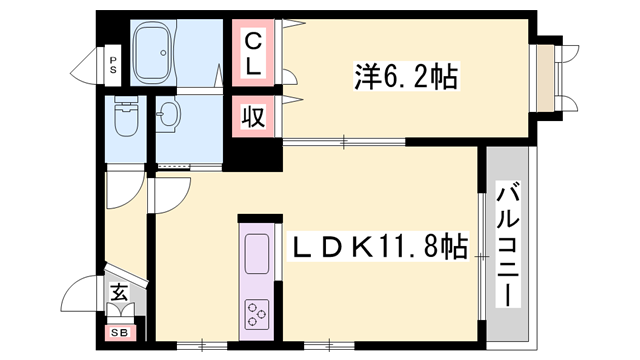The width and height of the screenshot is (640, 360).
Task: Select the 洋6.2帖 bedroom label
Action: click(x=405, y=76)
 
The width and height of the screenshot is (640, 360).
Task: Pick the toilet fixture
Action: click(x=125, y=121)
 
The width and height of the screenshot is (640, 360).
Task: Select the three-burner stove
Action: click(x=256, y=313)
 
